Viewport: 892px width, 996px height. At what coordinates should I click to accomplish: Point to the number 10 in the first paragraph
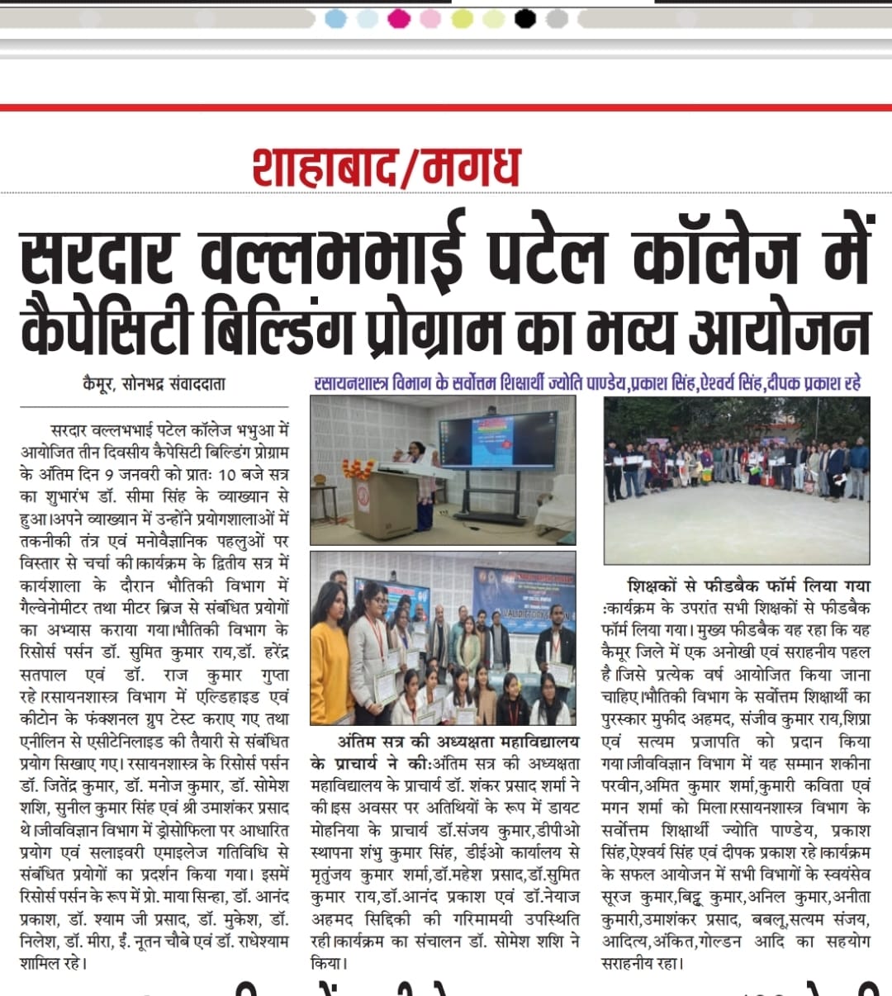click(226, 475)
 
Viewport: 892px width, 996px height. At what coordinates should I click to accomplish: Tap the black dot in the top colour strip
click(525, 18)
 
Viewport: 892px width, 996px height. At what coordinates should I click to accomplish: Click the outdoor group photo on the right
click(737, 479)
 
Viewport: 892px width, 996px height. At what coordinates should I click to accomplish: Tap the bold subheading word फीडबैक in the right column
click(738, 586)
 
